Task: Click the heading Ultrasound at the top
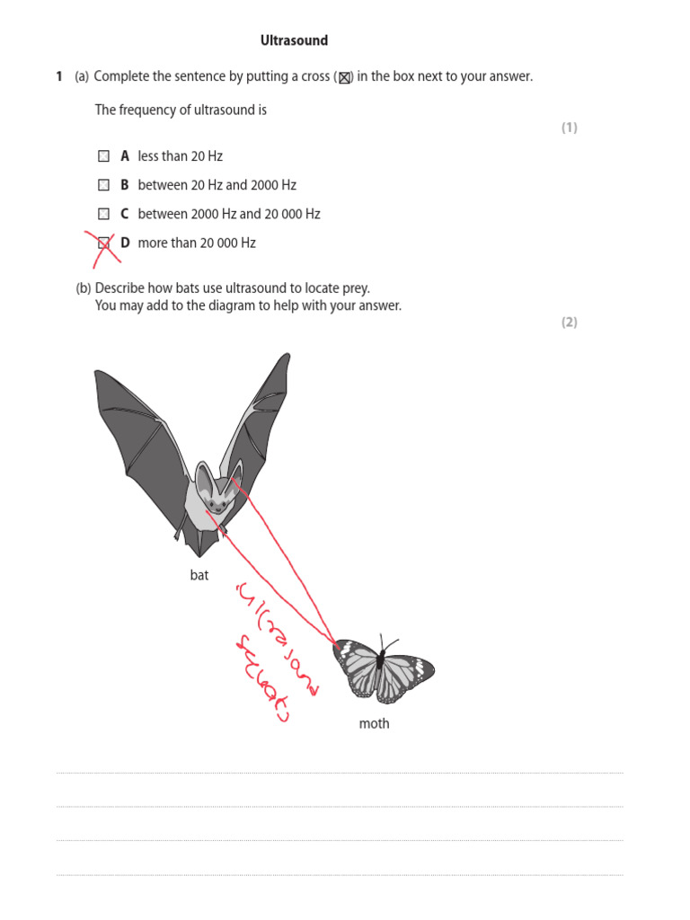coord(294,40)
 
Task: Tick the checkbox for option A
coord(103,156)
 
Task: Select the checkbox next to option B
coord(103,185)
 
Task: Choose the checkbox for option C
coord(103,214)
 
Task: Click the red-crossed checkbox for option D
coord(104,243)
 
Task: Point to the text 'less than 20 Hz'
coord(180,156)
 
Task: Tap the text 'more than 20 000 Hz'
coord(197,243)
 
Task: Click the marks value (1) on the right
coord(570,128)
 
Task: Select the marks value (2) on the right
coord(570,323)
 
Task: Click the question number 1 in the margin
coord(59,77)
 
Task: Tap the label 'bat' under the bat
coord(199,575)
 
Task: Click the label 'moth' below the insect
coord(374,723)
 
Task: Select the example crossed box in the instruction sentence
coord(343,78)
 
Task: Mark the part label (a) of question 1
coord(82,77)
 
